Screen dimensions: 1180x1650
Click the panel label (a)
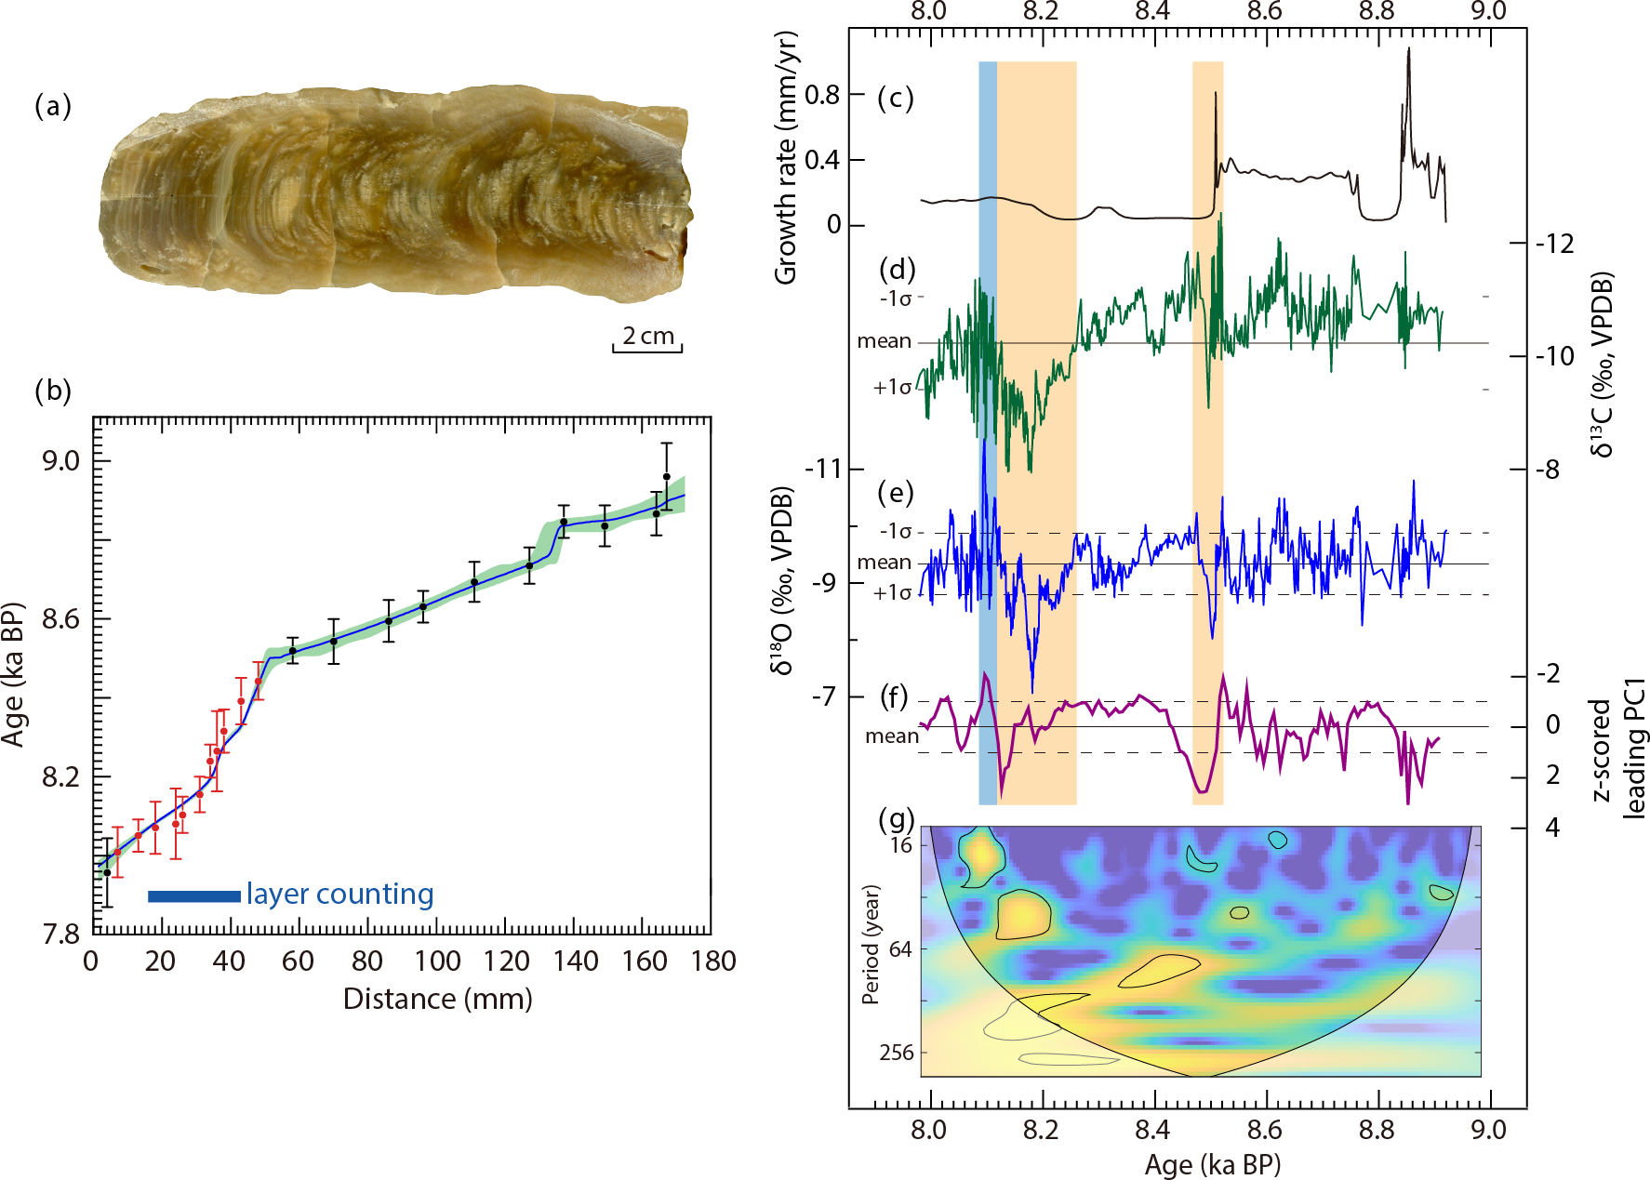(x=53, y=106)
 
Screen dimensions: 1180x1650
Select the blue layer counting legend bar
(x=193, y=896)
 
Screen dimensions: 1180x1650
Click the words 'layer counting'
(x=339, y=895)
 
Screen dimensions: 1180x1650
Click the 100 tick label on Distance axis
(x=437, y=961)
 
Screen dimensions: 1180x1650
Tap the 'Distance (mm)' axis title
(x=437, y=1000)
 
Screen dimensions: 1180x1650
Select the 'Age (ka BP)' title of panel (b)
(x=13, y=674)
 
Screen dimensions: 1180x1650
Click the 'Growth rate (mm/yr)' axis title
(x=786, y=158)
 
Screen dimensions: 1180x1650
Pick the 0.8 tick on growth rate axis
(x=822, y=95)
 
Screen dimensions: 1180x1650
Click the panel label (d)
(x=898, y=270)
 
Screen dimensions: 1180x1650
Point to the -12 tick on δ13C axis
(x=1554, y=244)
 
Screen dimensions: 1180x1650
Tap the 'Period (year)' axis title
(x=871, y=944)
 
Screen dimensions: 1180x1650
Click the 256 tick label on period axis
(x=897, y=1053)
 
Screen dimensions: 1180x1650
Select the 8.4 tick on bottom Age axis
(x=1152, y=1130)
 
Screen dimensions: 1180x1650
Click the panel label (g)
(x=898, y=819)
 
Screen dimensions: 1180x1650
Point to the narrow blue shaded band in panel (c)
(x=988, y=130)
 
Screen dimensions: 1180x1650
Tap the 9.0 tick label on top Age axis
(x=1488, y=11)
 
